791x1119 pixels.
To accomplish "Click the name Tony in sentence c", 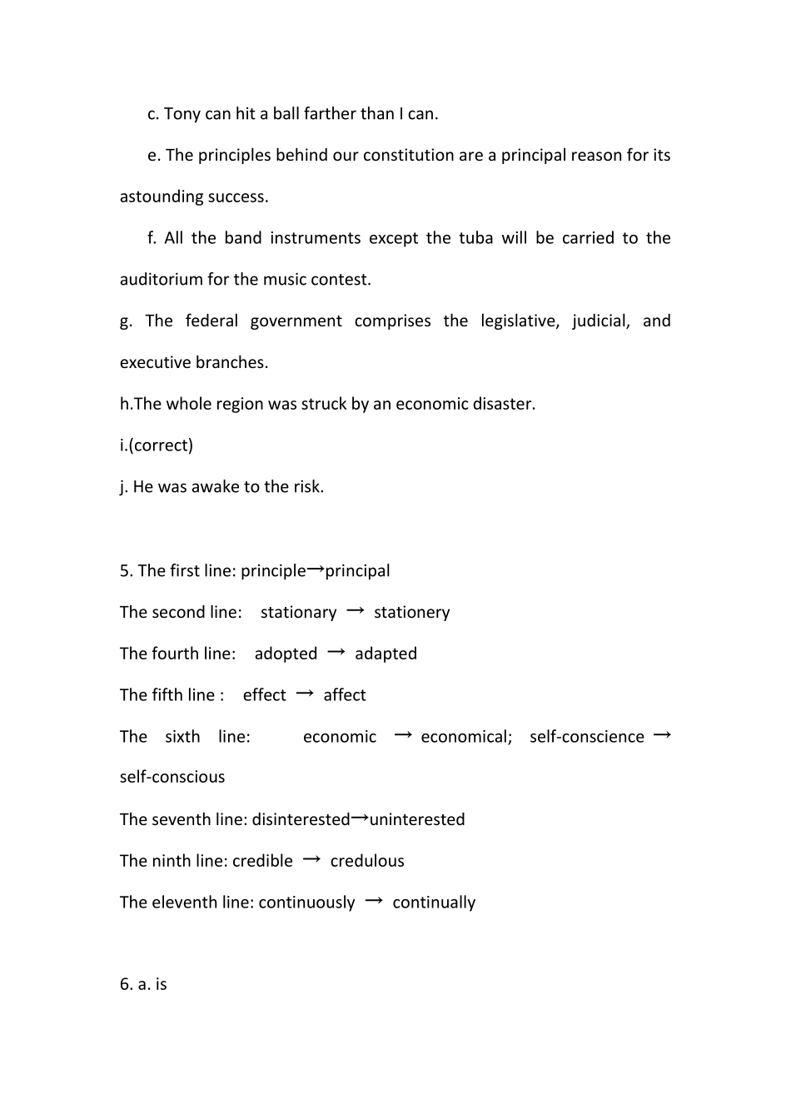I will pyautogui.click(x=182, y=114).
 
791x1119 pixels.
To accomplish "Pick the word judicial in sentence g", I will pyautogui.click(x=600, y=321).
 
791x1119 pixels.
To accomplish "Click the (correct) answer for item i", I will pyautogui.click(x=161, y=445).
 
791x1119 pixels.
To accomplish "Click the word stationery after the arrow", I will pyautogui.click(x=411, y=613).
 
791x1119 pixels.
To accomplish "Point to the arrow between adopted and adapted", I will pyautogui.click(x=336, y=653).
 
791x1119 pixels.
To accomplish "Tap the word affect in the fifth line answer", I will pyautogui.click(x=345, y=695).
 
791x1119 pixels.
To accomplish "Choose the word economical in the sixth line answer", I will pyautogui.click(x=466, y=737).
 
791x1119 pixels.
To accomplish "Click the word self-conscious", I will pyautogui.click(x=172, y=777).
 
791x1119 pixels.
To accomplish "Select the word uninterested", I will pyautogui.click(x=417, y=819).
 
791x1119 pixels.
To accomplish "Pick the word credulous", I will pyautogui.click(x=367, y=861).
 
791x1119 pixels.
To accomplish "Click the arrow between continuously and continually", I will pyautogui.click(x=374, y=901).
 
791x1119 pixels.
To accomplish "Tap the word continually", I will pyautogui.click(x=434, y=903).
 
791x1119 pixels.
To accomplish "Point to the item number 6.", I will pyautogui.click(x=126, y=984).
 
